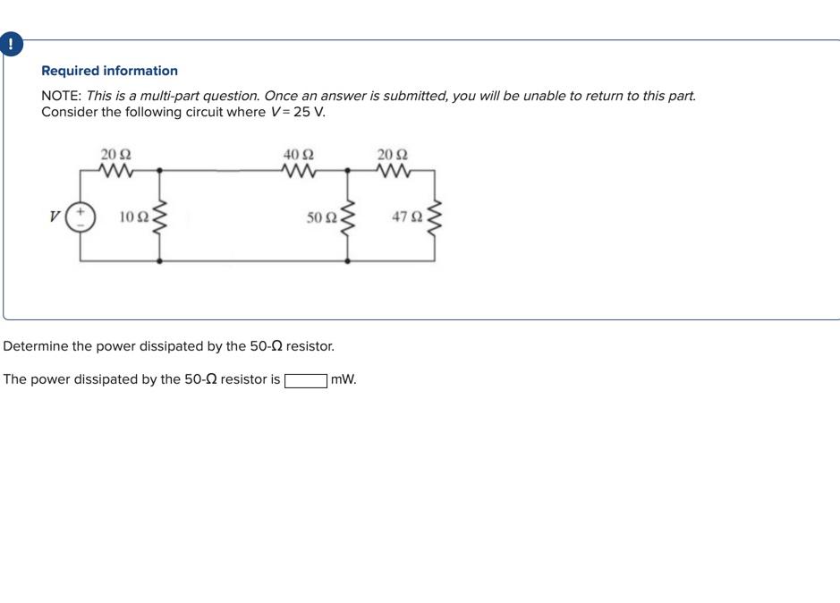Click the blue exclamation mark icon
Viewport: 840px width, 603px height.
pos(10,44)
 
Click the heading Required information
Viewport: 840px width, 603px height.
pos(109,71)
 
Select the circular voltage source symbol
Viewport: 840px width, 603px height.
pos(81,217)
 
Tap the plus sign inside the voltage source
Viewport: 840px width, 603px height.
pos(81,212)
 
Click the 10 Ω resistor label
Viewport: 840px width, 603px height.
pos(133,217)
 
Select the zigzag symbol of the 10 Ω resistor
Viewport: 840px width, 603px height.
pos(160,217)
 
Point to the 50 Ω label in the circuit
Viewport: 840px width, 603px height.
pos(321,217)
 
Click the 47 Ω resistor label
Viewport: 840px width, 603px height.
pos(407,217)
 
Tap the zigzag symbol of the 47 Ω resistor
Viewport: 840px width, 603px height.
pos(435,217)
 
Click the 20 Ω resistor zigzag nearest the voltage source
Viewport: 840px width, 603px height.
pos(117,169)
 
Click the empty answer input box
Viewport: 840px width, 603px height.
pos(305,380)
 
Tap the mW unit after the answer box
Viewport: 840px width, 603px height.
pos(344,379)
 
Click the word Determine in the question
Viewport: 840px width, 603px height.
pos(36,346)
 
